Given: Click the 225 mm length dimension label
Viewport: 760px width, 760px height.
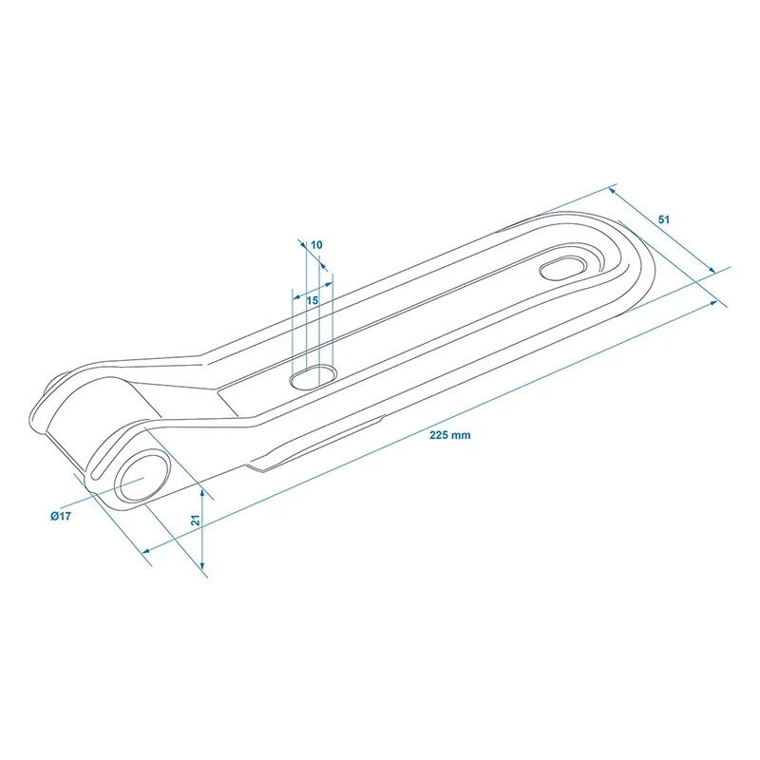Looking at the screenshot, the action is pyautogui.click(x=449, y=435).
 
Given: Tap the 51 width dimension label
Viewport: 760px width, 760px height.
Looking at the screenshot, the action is pyautogui.click(x=663, y=219).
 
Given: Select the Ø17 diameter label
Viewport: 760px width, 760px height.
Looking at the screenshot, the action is pyautogui.click(x=61, y=516).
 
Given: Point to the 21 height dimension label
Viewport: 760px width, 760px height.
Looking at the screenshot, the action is pyautogui.click(x=196, y=520).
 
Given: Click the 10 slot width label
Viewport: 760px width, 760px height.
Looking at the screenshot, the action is pyautogui.click(x=316, y=245).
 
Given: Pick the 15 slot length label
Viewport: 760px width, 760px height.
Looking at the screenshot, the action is pyautogui.click(x=313, y=300).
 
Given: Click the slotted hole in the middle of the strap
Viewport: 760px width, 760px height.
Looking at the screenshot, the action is pyautogui.click(x=313, y=377).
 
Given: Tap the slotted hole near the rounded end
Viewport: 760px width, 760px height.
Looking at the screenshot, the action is pyautogui.click(x=562, y=269).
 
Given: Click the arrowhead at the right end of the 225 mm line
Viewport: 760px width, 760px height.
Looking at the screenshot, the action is pyautogui.click(x=714, y=303).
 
